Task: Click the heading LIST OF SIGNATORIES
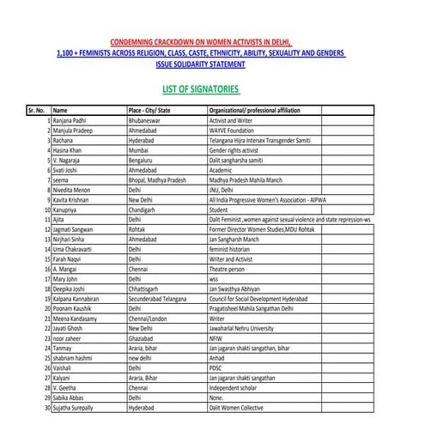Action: pos(201,88)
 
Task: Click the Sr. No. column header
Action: pos(37,111)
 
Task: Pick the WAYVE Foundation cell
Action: pos(234,131)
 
